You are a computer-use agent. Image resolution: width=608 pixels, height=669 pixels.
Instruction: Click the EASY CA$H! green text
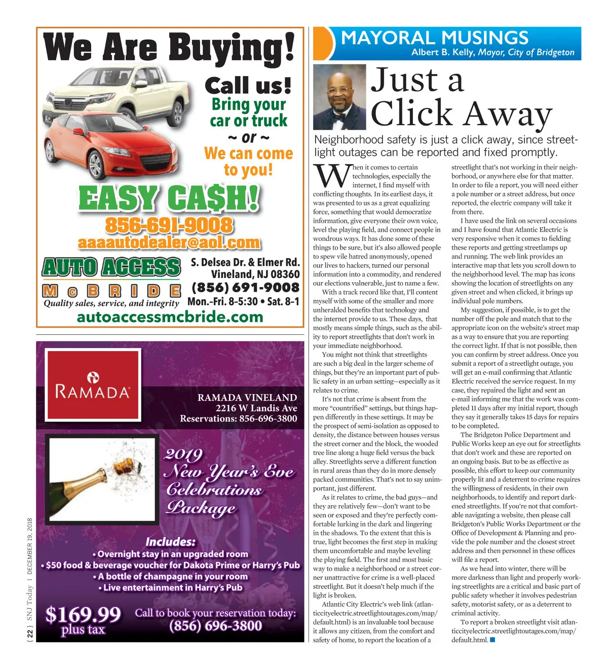pyautogui.click(x=169, y=198)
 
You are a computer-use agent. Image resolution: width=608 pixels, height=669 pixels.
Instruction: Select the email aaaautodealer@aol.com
pyautogui.click(x=169, y=243)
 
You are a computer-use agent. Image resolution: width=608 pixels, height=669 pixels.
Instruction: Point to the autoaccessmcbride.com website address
pyautogui.click(x=170, y=317)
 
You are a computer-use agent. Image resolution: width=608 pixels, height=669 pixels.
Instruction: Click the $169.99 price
pyautogui.click(x=83, y=614)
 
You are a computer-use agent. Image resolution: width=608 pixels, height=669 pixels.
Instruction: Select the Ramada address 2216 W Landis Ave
pyautogui.click(x=256, y=408)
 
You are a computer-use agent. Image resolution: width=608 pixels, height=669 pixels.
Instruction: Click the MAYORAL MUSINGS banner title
pyautogui.click(x=435, y=38)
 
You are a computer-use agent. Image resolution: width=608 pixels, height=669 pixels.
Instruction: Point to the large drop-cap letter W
pyautogui.click(x=331, y=176)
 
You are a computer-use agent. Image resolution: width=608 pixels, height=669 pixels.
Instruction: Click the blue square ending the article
pyautogui.click(x=492, y=640)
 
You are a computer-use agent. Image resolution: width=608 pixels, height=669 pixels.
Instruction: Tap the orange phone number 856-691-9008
pyautogui.click(x=169, y=225)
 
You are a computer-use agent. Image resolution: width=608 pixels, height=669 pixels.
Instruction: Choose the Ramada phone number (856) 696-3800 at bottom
pyautogui.click(x=215, y=626)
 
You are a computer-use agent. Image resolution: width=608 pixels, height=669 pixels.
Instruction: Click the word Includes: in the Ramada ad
pyautogui.click(x=170, y=541)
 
